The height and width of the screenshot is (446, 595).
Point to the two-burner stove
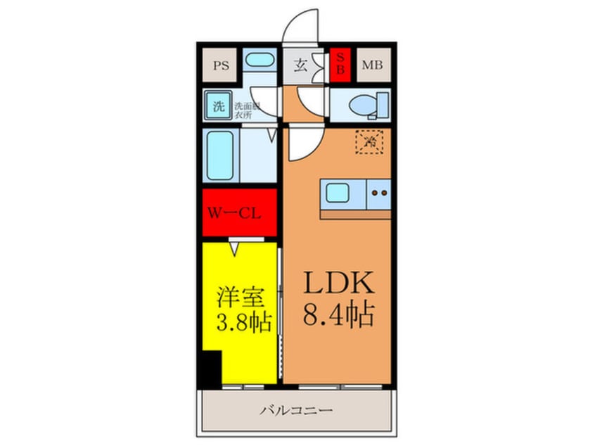380,191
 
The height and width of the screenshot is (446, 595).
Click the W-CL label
238,212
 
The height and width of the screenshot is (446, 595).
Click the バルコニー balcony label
295,409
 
